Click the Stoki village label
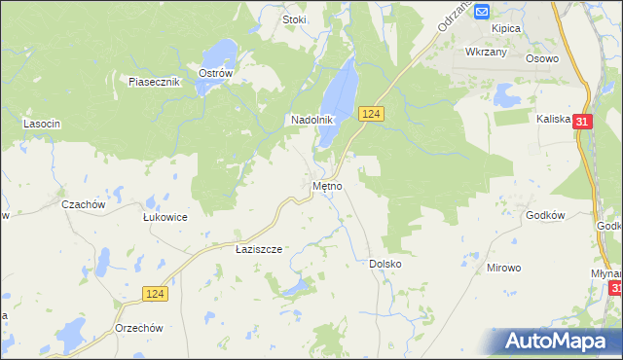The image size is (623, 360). point(293,18)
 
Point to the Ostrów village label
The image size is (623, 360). point(214,73)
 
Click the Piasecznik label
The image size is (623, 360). point(155,82)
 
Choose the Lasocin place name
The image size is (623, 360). point(42,124)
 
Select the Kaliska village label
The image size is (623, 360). point(552,119)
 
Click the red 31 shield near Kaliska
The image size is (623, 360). point(582,122)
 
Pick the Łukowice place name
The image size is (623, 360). point(165,217)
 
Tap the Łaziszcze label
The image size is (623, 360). point(259,249)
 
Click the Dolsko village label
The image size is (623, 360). point(385,264)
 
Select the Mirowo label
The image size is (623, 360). point(504,266)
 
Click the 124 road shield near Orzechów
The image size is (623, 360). point(154,293)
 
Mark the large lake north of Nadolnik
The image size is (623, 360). point(338,97)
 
